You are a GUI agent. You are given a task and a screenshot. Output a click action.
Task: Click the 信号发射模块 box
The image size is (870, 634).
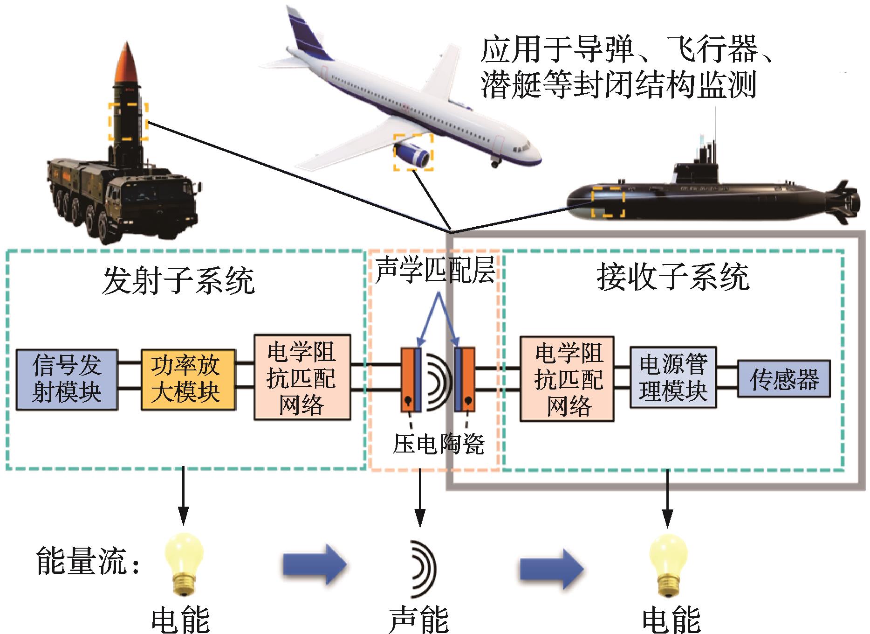click(x=67, y=379)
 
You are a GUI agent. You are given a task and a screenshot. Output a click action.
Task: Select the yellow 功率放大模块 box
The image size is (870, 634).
click(x=188, y=379)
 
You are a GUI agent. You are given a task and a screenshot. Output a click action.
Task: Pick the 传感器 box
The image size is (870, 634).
click(x=783, y=378)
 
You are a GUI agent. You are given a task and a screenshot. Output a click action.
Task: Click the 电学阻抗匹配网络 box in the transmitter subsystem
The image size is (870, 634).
click(x=302, y=377)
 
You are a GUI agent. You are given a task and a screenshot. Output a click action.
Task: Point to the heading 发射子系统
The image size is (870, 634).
click(x=178, y=281)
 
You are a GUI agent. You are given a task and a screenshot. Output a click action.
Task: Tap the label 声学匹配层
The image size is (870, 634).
click(x=435, y=270)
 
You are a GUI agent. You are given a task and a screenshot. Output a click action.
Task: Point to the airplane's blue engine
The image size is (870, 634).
click(x=412, y=154)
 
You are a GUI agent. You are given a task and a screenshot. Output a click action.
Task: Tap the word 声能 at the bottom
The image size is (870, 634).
click(x=418, y=619)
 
